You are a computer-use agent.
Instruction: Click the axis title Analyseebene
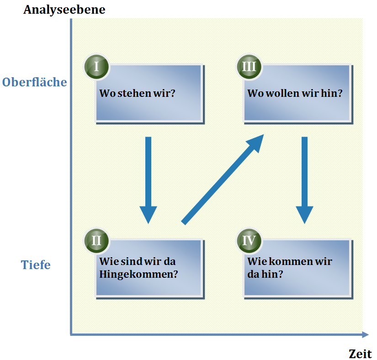64,9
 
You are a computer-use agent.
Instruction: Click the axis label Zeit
360,354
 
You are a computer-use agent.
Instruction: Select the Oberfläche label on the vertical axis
35,82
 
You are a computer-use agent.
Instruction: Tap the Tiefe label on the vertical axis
36,265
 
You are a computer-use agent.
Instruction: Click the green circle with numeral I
96,67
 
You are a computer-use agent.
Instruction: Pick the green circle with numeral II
96,240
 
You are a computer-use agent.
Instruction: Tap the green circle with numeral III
249,67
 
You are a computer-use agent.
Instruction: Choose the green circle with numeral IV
249,240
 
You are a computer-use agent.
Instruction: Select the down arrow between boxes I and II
148,178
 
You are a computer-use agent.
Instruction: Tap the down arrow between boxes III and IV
304,178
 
